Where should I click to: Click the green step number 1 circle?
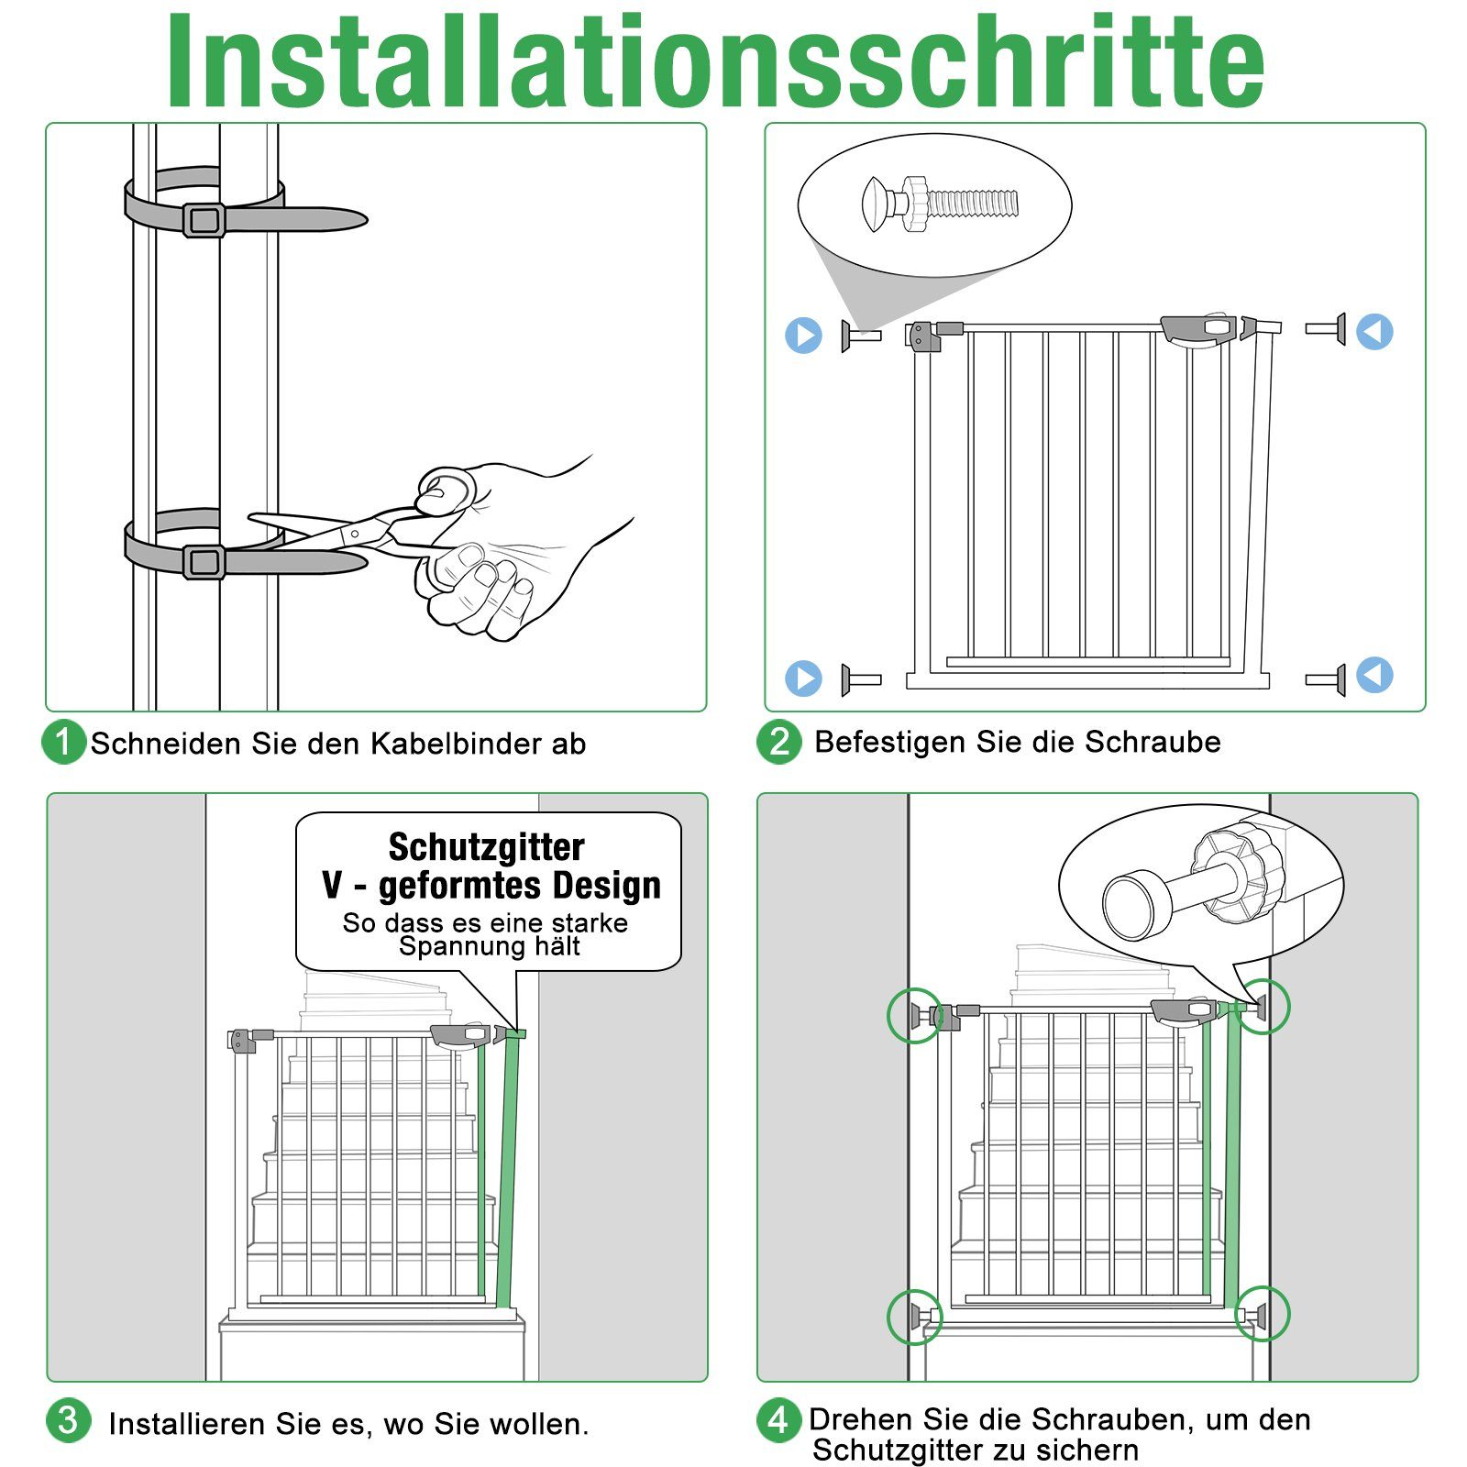coord(63,742)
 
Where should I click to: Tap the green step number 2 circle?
coord(778,741)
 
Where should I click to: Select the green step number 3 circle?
coord(68,1421)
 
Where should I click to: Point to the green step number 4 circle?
coord(778,1420)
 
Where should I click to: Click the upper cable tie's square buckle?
coord(204,220)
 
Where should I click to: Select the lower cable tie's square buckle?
coord(204,561)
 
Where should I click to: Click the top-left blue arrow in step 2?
coord(804,336)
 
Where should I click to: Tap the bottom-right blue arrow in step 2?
coord(1373,675)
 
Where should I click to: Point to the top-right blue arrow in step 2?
coord(1374,331)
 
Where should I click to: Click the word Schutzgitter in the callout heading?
coord(486,847)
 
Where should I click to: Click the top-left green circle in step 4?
coord(914,1015)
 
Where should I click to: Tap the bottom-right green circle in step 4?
coord(1262,1313)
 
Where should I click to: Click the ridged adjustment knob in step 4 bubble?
coord(1235,871)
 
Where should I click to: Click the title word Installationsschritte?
coord(715,62)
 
